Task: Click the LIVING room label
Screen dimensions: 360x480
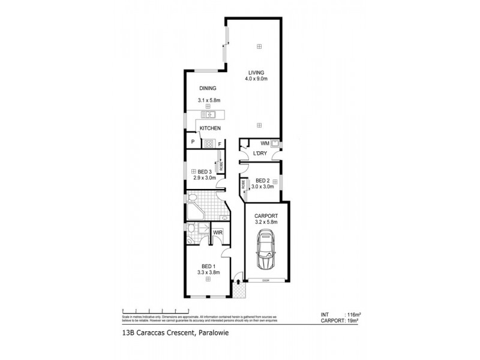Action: tap(257, 73)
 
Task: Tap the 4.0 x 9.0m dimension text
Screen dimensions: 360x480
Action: tap(257, 79)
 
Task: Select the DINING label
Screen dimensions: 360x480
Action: tap(208, 89)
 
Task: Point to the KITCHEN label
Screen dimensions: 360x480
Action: tap(211, 128)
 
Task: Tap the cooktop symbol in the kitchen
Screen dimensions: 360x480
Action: tap(209, 143)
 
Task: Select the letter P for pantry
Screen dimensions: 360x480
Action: tap(193, 143)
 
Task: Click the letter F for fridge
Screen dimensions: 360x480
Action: tap(220, 143)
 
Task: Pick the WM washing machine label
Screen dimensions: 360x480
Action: tap(264, 143)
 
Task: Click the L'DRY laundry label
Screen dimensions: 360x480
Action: tap(260, 154)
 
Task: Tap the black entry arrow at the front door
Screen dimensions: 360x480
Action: tap(239, 281)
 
